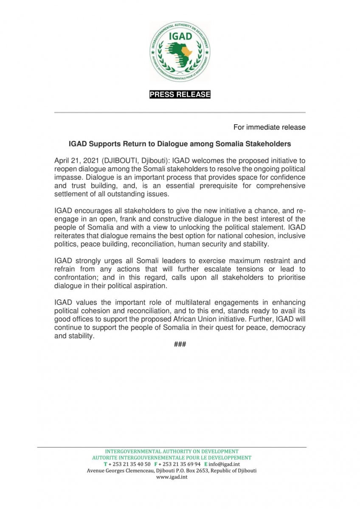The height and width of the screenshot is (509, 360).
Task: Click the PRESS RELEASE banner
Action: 180,95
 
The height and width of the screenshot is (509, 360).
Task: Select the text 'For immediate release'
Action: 269,127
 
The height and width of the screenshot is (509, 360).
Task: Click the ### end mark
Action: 180,344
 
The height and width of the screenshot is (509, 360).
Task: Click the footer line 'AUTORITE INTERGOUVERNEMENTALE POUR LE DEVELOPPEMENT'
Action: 172,458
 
